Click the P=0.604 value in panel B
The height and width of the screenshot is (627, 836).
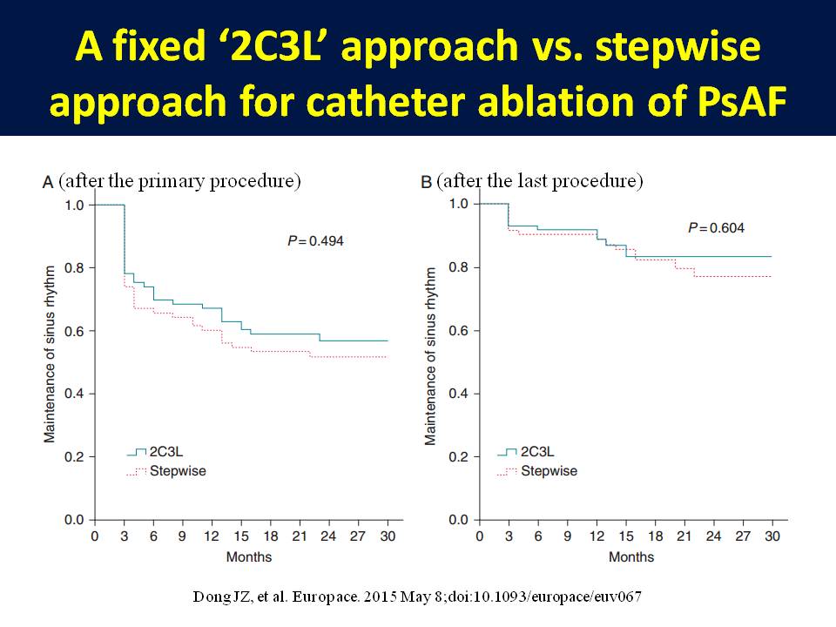point(716,228)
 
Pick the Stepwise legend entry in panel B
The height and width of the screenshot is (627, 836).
point(548,471)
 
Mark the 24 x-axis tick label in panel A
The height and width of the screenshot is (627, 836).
point(328,536)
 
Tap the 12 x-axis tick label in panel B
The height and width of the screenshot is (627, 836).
point(597,536)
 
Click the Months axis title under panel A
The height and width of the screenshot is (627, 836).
point(248,556)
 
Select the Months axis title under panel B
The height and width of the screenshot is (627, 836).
point(631,556)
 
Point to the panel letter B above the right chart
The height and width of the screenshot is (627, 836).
point(427,182)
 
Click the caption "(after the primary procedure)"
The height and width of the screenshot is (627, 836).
point(180,181)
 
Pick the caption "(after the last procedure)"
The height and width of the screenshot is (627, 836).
point(540,181)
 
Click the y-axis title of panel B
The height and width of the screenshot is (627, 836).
point(430,357)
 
